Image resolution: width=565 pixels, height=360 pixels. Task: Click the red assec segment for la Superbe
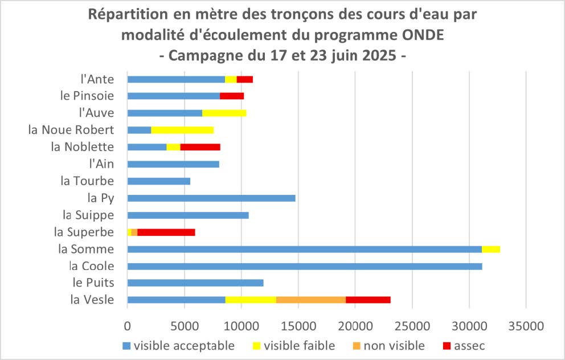166,232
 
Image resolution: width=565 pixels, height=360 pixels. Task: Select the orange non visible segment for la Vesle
310,300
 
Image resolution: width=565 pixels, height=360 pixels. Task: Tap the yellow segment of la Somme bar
490,249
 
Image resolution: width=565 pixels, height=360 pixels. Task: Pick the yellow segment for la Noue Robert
182,130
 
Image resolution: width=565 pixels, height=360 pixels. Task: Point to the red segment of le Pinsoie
232,96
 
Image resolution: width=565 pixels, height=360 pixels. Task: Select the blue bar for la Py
211,198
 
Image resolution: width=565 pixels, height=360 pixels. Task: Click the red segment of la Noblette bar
200,147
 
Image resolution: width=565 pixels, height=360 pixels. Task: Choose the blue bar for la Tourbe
158,181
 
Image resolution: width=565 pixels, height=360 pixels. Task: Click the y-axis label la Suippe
88,215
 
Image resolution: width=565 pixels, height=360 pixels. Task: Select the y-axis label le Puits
93,283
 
